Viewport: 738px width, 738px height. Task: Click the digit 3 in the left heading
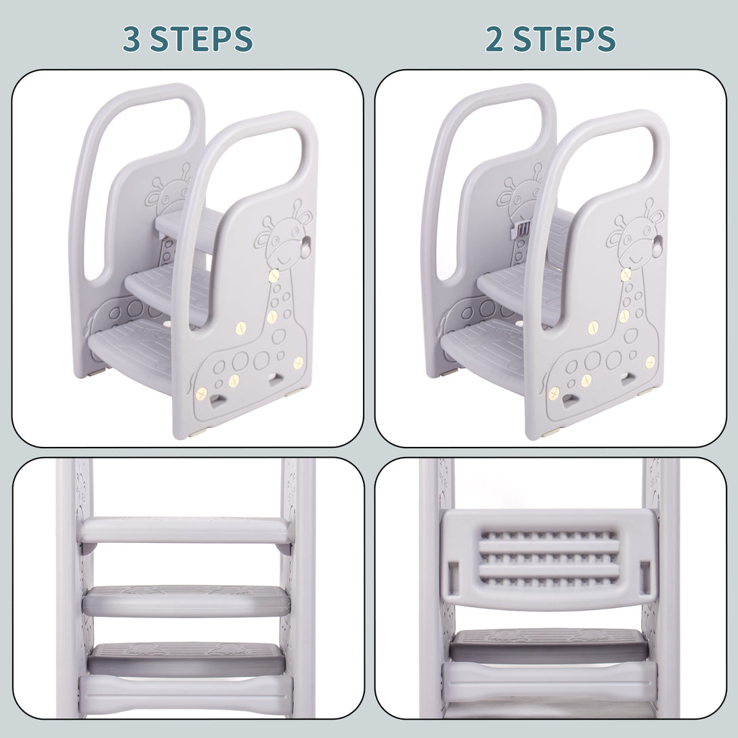(x=133, y=39)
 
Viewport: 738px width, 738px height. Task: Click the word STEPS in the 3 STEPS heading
(x=201, y=39)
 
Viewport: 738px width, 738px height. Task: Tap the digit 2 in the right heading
(x=496, y=39)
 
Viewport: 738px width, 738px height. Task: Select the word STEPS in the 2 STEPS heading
(x=564, y=39)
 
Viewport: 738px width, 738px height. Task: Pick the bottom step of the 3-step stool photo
(x=132, y=345)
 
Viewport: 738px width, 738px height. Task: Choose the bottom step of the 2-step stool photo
(x=484, y=347)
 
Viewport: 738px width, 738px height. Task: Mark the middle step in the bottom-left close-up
(x=186, y=599)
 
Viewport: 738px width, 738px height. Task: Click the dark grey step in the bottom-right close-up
(x=548, y=645)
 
